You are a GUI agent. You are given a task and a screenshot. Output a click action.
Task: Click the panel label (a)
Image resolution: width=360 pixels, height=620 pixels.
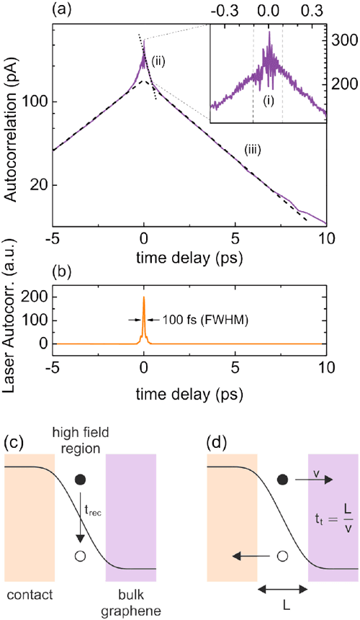pos(63,11)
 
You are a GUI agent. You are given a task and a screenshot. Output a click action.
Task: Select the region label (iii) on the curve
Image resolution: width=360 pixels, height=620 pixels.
pos(253,149)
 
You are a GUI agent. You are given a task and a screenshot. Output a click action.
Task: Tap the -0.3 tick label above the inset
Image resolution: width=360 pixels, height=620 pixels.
pos(222,11)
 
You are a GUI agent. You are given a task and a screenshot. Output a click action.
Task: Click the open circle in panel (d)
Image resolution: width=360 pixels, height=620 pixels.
pos(282,536)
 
